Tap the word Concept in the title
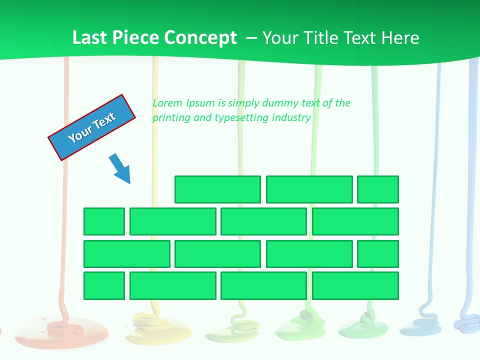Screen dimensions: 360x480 (202, 38)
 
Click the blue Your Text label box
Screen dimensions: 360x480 (91, 127)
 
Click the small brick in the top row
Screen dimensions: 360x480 (378, 189)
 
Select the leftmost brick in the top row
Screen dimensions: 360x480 (217, 189)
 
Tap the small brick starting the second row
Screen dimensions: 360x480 (104, 221)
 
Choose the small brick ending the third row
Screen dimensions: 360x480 (378, 253)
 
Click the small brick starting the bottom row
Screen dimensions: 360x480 (104, 285)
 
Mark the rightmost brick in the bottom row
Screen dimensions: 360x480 (355, 285)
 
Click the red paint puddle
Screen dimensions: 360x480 (61, 331)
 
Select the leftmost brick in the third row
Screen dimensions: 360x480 (127, 253)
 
